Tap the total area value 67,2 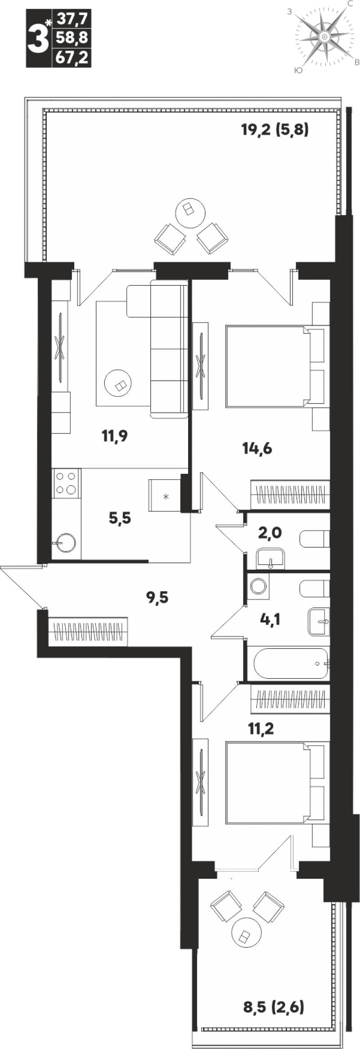tap(72, 59)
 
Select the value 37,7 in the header tap(72, 19)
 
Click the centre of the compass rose tap(324, 37)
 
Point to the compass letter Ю tap(297, 70)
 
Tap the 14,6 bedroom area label tap(257, 449)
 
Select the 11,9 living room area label tap(115, 436)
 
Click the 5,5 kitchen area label tap(120, 518)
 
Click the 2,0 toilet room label tap(270, 533)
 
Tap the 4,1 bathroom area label tap(270, 620)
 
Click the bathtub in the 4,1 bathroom tap(291, 663)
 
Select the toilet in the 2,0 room tap(315, 539)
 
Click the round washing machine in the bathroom tap(258, 586)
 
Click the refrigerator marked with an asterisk tap(165, 495)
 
